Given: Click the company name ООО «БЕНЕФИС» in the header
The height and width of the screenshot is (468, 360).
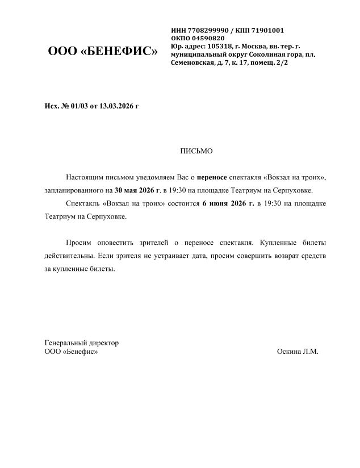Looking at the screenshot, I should [x=102, y=52].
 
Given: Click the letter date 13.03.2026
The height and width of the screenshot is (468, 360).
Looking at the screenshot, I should [x=116, y=106].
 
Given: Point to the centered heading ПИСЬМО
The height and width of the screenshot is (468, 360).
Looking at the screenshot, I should [x=196, y=151].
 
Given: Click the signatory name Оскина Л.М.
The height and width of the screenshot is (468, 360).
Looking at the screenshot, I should [x=298, y=352].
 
